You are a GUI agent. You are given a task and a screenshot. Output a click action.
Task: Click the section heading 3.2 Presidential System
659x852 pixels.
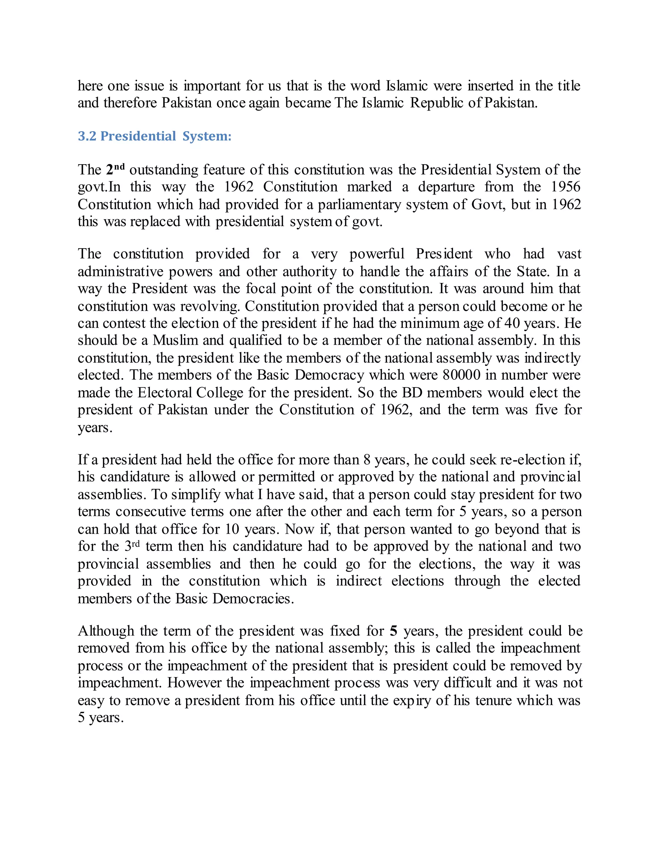click(x=154, y=136)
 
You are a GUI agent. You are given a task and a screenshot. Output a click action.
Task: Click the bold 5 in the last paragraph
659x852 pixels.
click(x=394, y=631)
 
